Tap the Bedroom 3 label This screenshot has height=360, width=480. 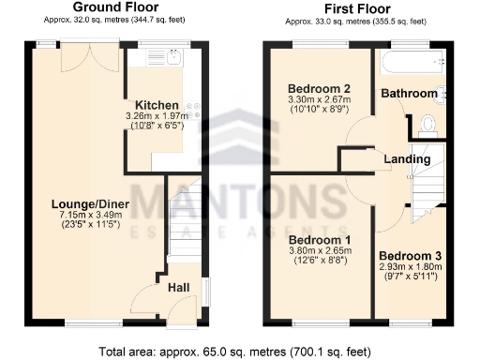pos(410,255)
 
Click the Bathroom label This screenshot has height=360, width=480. pos(409,94)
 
